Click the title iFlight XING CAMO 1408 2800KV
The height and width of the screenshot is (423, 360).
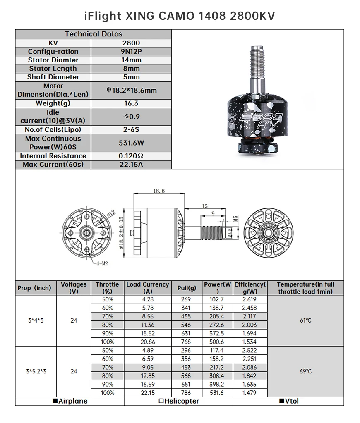180,16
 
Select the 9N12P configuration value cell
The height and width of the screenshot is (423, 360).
131,51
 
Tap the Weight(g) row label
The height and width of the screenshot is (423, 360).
53,103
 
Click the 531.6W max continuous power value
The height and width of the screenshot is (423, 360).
131,143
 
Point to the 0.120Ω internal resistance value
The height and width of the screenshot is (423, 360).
131,156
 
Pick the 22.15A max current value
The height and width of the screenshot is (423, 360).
131,165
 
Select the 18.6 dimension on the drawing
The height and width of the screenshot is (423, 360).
159,191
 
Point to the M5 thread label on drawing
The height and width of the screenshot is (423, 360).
235,219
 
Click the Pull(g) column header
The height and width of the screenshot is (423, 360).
187,288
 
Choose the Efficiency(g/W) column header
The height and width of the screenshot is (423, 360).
250,288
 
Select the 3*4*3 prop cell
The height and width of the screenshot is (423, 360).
36,320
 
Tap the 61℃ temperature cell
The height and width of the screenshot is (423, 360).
305,320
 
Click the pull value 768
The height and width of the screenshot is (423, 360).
187,342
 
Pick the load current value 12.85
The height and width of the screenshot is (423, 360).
147,376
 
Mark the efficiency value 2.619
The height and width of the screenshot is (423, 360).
250,299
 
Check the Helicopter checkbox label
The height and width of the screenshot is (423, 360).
178,401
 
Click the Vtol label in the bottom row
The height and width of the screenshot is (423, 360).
288,401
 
